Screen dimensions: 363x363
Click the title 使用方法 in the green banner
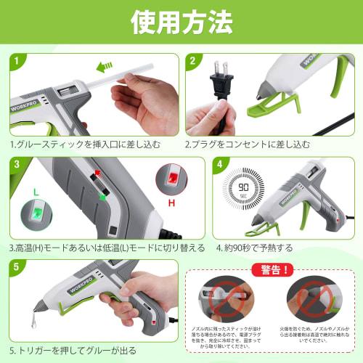(x=181, y=23)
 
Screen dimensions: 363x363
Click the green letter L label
(x=34, y=190)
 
